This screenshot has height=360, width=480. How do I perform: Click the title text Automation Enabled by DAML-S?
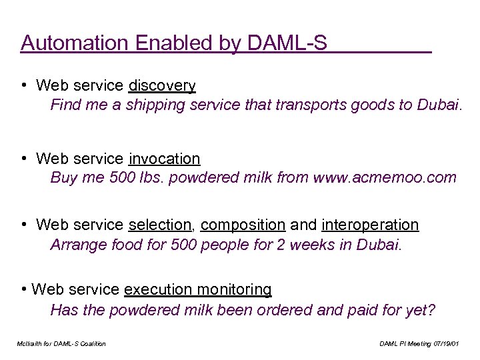pyautogui.click(x=174, y=43)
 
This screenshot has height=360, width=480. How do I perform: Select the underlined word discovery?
pyautogui.click(x=162, y=86)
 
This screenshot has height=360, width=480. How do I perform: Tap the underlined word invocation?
pyautogui.click(x=164, y=159)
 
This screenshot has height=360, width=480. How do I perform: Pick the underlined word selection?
pyautogui.click(x=160, y=225)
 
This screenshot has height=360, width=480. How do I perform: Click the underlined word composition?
pyautogui.click(x=243, y=225)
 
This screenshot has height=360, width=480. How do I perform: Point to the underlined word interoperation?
pyautogui.click(x=370, y=225)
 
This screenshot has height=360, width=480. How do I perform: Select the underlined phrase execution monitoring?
pyautogui.click(x=198, y=290)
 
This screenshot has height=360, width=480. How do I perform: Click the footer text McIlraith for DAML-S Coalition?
pyautogui.click(x=61, y=344)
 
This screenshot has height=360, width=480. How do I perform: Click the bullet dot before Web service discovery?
pyautogui.click(x=23, y=86)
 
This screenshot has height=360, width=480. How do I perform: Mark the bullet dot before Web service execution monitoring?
pyautogui.click(x=24, y=290)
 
